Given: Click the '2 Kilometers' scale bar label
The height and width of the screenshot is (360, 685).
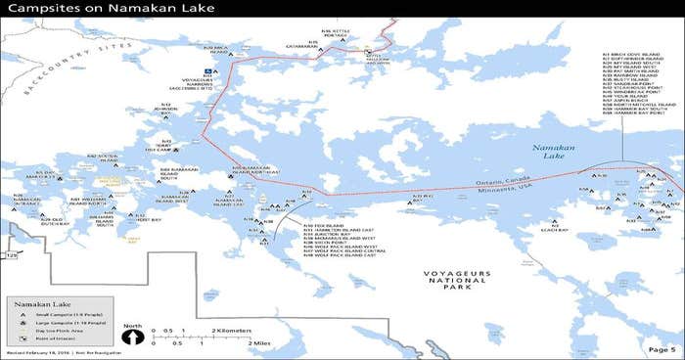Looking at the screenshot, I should pos(233,331).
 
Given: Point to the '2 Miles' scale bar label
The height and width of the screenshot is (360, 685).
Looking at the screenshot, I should pos(259,343).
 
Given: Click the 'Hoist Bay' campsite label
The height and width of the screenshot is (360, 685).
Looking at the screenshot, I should pos(150,219).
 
